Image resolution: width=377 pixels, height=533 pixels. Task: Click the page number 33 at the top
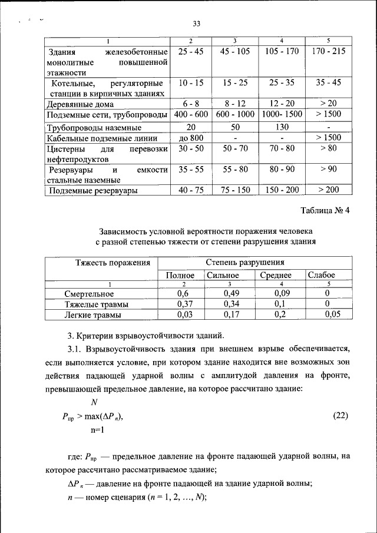coord(197,24)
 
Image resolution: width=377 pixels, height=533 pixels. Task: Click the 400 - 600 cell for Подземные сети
coord(191,114)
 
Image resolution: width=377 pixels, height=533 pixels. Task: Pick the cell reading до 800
coord(191,138)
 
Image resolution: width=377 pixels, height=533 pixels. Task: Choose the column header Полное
coord(180,275)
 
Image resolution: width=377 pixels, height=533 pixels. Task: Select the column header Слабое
coord(321,275)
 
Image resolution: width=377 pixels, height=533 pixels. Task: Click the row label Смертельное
coord(89,294)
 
